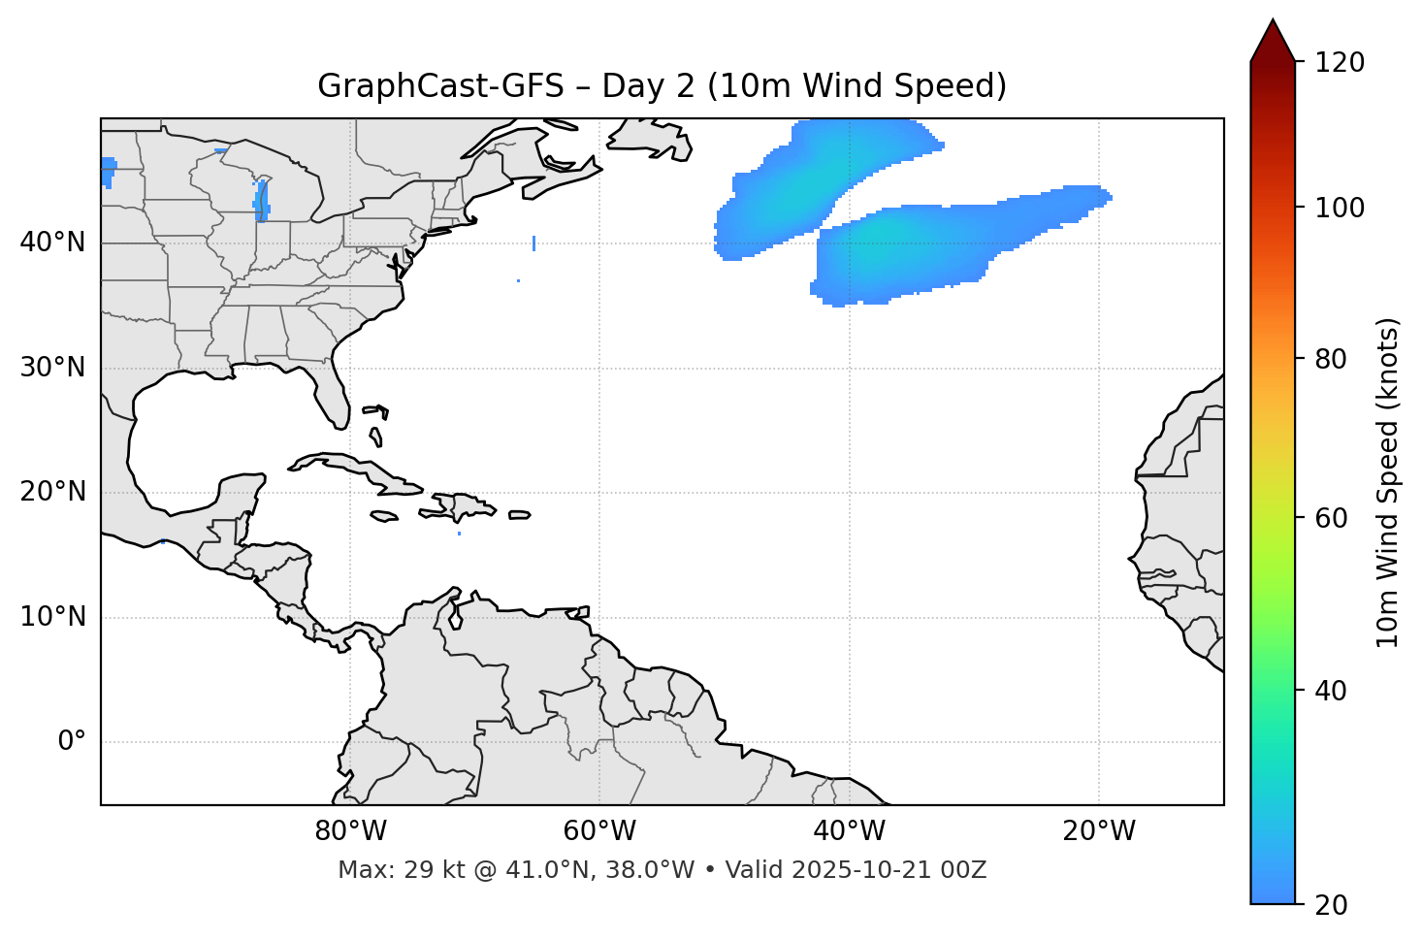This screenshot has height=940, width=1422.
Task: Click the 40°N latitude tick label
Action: pos(52,243)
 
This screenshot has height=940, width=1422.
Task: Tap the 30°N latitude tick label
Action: pos(52,368)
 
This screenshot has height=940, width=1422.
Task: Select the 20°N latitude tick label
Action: pos(52,492)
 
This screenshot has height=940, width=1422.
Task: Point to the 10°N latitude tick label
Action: pos(52,617)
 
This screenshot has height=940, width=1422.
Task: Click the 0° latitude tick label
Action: pos(72,742)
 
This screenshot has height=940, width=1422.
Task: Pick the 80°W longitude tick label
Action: pos(350,831)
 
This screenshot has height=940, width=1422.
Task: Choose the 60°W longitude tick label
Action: pos(599,831)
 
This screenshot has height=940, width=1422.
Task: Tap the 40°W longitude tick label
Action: pos(850,831)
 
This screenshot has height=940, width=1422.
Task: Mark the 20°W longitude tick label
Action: pos(1099,831)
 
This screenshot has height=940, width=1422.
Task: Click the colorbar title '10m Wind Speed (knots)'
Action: pos(1389,482)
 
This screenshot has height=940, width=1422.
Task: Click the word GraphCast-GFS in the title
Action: pos(440,86)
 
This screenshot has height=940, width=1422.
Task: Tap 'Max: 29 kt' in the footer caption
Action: pos(383,870)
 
